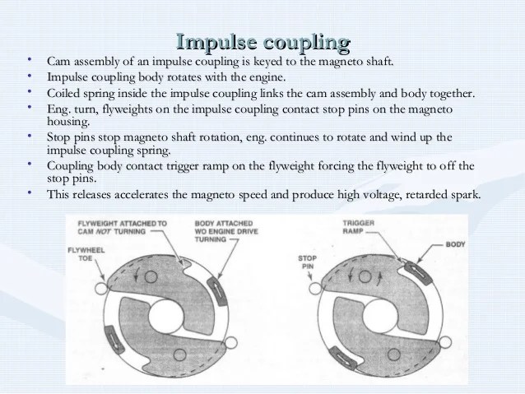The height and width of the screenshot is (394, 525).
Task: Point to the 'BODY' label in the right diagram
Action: [x=455, y=244]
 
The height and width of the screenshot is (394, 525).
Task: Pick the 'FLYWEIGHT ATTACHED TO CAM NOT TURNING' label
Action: [x=122, y=228]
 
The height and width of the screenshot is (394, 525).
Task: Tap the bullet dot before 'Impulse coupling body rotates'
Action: [x=29, y=76]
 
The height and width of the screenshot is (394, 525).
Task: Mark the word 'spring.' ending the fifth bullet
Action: [x=149, y=150]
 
